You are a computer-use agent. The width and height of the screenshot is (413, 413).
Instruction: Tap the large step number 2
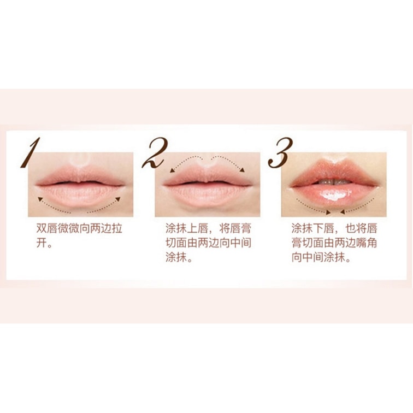point(155,153)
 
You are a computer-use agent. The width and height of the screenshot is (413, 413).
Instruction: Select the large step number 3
point(281,153)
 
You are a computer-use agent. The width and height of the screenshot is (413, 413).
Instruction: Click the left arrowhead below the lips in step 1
point(40,199)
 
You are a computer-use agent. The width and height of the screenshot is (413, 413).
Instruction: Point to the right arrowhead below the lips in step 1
point(118,199)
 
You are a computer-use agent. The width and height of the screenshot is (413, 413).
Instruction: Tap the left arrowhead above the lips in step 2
point(172,170)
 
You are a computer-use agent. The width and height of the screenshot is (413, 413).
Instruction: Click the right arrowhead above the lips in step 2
point(242,170)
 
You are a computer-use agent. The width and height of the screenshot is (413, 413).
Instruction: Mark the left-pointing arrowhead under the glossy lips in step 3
point(343,211)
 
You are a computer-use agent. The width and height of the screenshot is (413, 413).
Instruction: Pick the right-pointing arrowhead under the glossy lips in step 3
point(328,211)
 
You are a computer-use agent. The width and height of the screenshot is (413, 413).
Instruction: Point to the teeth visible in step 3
point(334,182)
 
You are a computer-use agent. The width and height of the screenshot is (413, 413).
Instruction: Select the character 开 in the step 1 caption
point(42,243)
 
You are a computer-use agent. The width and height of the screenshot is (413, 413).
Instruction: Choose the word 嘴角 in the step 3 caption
point(367,243)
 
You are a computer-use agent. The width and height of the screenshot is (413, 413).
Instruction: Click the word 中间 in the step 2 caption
point(241,243)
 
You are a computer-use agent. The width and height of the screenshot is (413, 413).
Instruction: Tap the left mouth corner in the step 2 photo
point(164,185)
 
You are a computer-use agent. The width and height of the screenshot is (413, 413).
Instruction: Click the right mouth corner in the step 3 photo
point(378,186)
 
